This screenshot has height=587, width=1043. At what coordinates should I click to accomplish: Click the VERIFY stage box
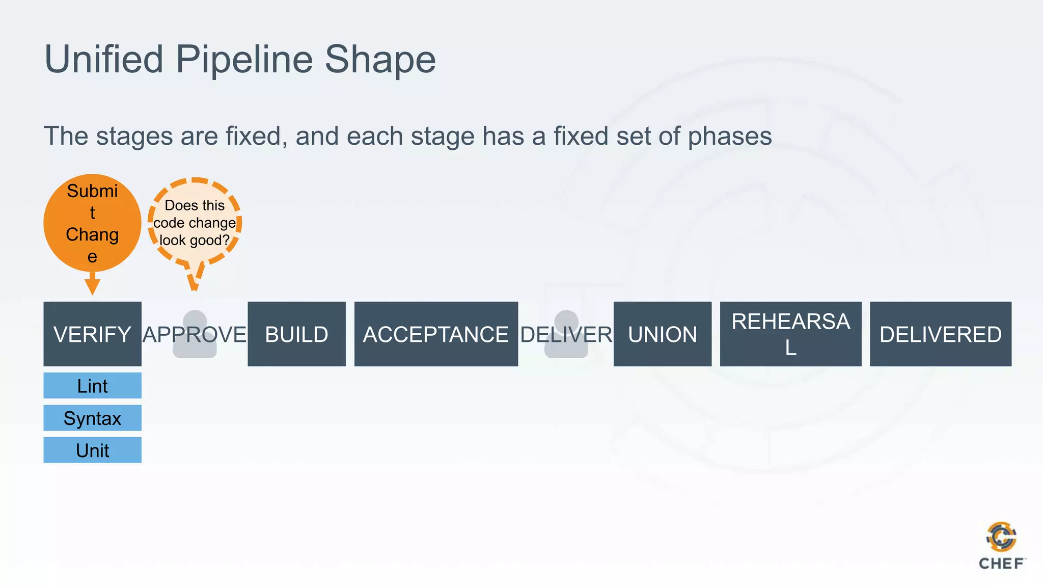(x=92, y=334)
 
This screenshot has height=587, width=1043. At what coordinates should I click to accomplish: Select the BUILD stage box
(x=296, y=334)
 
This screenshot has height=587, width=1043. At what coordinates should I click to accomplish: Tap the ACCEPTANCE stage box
(x=436, y=334)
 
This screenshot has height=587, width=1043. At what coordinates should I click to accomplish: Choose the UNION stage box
(x=662, y=334)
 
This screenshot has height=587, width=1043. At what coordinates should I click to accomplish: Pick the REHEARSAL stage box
(x=790, y=334)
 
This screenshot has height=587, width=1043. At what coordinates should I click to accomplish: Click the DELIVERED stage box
(x=940, y=334)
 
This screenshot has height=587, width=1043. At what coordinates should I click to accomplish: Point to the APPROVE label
(x=195, y=335)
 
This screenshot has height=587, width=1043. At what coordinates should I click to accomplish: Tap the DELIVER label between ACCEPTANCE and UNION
(x=566, y=335)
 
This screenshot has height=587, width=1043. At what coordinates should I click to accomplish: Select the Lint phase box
(x=92, y=386)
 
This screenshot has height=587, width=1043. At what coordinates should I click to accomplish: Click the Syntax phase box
(x=92, y=418)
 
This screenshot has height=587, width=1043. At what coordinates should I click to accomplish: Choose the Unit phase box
(x=92, y=450)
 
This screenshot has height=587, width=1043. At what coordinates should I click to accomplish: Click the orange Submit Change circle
(x=92, y=223)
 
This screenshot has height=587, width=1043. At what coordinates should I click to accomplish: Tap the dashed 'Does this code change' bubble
(x=195, y=223)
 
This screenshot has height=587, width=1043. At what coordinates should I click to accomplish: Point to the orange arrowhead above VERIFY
(x=92, y=286)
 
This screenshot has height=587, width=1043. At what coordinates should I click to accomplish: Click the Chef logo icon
(x=1001, y=537)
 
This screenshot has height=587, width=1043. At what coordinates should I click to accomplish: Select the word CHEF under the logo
(x=1001, y=564)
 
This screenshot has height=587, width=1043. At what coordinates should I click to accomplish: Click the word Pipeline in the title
(x=244, y=60)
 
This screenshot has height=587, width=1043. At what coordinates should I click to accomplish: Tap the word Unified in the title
(x=104, y=60)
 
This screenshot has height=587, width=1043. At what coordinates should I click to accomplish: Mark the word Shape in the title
(x=380, y=60)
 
